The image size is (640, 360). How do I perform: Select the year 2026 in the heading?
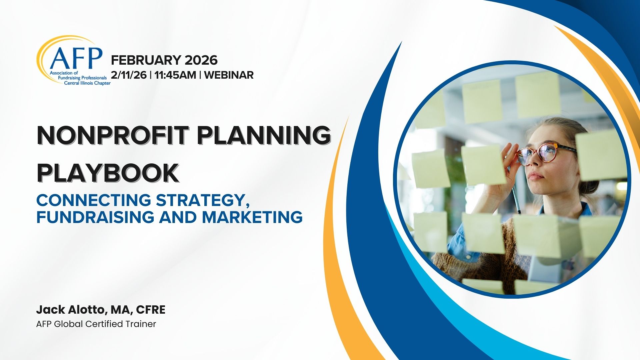(201, 60)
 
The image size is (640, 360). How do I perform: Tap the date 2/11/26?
(129, 75)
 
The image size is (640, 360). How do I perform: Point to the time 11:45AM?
(175, 75)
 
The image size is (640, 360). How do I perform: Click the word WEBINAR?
(229, 75)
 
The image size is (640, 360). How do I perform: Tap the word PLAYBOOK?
(108, 173)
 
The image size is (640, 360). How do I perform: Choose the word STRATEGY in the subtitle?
(203, 200)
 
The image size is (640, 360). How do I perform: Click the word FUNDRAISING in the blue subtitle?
(95, 217)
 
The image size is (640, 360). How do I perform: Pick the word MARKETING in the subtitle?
(252, 217)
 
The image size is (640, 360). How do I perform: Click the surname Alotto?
(87, 310)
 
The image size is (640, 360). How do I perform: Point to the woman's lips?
(535, 176)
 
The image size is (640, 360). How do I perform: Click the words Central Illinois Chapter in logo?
(87, 83)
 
